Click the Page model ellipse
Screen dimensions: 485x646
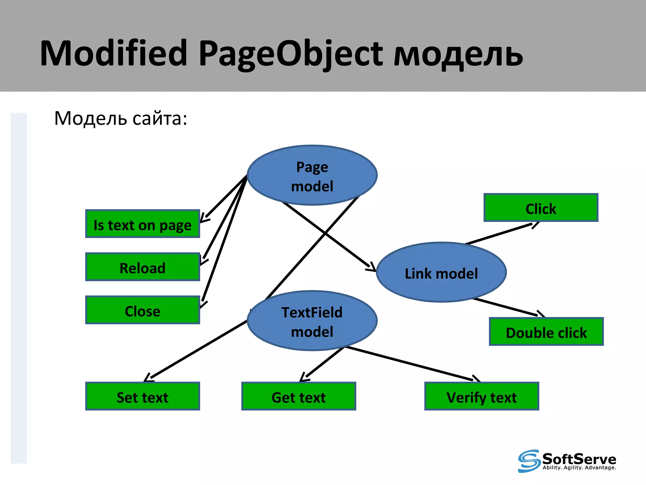point(312,176)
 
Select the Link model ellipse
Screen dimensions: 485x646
point(441,272)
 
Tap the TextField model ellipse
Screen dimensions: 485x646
point(312,321)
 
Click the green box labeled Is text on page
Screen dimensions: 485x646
point(143,224)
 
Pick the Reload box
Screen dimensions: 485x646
point(143,267)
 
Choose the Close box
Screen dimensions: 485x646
point(143,310)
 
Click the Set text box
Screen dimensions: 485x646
point(143,396)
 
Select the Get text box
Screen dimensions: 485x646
point(298,396)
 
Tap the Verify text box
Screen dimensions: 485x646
point(482,396)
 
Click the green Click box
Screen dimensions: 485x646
point(541,208)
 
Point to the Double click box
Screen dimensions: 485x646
point(546,332)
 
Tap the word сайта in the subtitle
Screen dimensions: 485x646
point(160,119)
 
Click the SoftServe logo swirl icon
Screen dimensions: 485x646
point(529,461)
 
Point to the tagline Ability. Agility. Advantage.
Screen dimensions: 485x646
point(579,468)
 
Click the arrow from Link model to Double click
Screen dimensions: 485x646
point(505,307)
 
